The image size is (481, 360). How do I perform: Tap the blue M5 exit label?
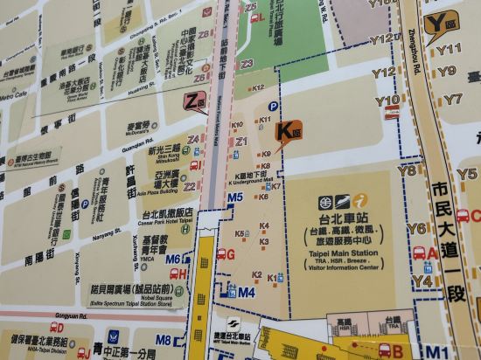tap(234, 197)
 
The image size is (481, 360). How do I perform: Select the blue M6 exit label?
tap(173, 260)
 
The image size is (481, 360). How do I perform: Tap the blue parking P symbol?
tap(273, 107)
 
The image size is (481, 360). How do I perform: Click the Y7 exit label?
tap(452, 100)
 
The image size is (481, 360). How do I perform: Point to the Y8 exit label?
tap(408, 171)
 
